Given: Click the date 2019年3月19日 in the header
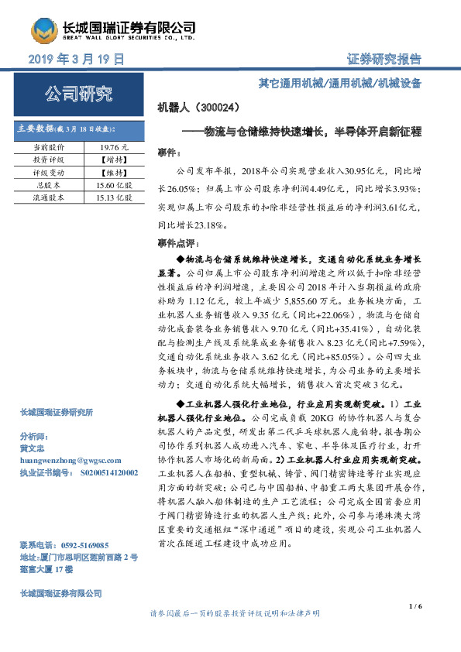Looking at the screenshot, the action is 76,60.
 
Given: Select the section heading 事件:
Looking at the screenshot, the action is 168,152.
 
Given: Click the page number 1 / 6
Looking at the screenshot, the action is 414,605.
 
